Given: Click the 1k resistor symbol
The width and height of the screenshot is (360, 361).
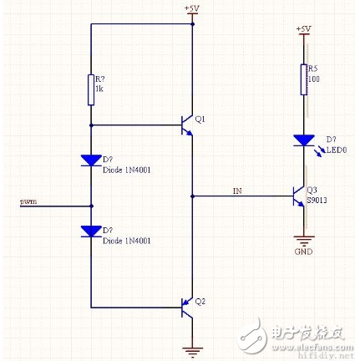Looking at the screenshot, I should click(90, 89).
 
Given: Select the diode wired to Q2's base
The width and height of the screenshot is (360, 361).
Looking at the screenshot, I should click(90, 231).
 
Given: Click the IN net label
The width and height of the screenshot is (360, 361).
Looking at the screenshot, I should click(238, 191).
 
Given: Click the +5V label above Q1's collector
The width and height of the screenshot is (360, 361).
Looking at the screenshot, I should click(192, 8).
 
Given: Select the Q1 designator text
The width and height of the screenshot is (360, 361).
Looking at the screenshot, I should click(200, 119).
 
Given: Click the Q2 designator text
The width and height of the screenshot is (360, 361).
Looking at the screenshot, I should click(200, 301).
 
